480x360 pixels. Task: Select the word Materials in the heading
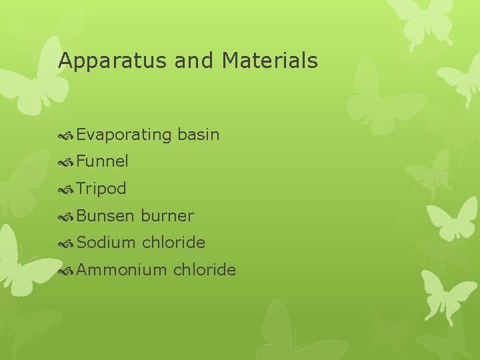pos(270,61)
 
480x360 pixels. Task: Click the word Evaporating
pos(124,135)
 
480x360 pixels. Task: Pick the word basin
pos(199,134)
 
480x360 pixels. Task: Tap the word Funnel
pos(103,161)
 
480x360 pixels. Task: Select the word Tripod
pos(101,189)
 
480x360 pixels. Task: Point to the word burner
pos(167,216)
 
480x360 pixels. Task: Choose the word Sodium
pos(106,243)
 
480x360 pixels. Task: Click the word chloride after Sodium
pos(173,243)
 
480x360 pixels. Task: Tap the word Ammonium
pos(121,270)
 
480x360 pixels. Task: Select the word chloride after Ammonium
pos(204,270)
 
